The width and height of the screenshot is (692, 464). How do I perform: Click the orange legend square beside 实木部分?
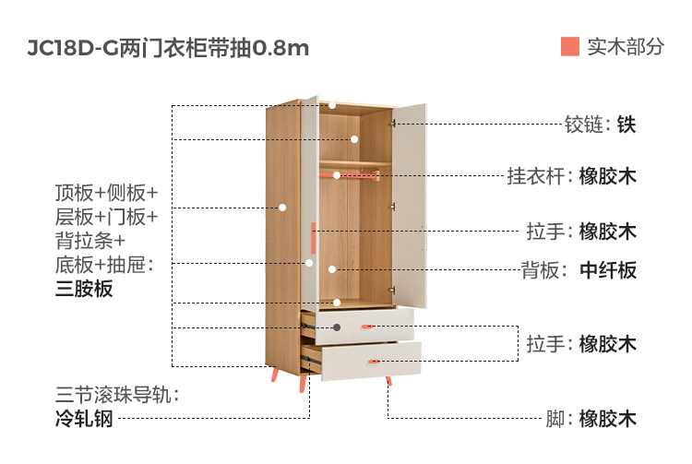coord(570,46)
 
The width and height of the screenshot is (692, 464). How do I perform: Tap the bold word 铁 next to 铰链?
coord(626,125)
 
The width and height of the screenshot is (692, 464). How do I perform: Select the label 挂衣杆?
coord(535,176)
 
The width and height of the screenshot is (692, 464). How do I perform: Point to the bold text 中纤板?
coord(608,270)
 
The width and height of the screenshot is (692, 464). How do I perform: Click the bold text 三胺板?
coord(84,289)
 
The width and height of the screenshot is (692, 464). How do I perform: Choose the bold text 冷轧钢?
coord(84,418)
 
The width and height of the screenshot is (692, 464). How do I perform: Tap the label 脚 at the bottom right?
coord(555,419)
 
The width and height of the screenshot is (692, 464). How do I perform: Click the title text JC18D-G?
coord(73,48)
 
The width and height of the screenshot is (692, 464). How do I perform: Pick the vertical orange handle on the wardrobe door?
coord(313,238)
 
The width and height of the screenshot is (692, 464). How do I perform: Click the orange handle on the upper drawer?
coord(367,327)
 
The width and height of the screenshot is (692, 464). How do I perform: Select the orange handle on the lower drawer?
coord(374,362)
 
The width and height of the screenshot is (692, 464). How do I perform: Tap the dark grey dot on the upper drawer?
coord(337,327)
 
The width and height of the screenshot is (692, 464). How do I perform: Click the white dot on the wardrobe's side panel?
coord(282,208)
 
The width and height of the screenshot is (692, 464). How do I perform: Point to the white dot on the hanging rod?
coord(337,175)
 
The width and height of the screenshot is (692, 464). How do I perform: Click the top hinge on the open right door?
coord(392,124)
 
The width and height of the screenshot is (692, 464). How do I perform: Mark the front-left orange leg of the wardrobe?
coord(275,374)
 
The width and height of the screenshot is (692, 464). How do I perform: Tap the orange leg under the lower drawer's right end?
coord(388,381)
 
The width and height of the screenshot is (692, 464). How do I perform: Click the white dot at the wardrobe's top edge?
coord(332,105)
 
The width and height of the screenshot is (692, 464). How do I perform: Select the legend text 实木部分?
coord(626,47)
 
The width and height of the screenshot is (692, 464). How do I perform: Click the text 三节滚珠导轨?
coord(113,394)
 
